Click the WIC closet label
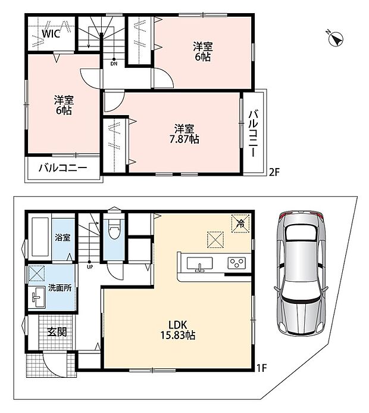tap(51, 34)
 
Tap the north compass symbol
tap(336, 39)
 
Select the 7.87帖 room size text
tap(184, 139)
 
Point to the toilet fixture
tap(114, 229)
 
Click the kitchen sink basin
tap(199, 263)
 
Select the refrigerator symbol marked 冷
tap(240, 223)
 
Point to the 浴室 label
tap(62, 237)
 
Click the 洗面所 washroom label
tap(60, 288)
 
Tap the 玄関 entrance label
tap(57, 332)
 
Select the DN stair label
tap(114, 64)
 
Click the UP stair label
tap(90, 266)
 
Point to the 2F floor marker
tap(274, 172)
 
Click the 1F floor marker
tap(262, 368)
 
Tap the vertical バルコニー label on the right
tap(254, 133)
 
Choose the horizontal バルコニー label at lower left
tap(63, 168)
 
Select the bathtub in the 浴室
tap(40, 237)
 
